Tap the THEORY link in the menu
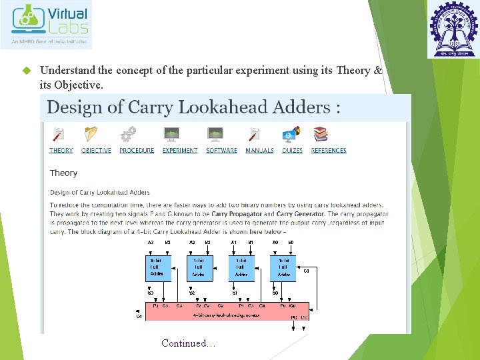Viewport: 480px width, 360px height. [61, 151]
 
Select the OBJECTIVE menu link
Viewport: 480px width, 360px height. [96, 151]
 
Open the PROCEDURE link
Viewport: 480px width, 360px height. [137, 151]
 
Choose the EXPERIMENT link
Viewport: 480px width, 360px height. [180, 151]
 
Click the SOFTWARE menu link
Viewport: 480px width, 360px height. [221, 151]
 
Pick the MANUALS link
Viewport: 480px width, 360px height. [259, 151]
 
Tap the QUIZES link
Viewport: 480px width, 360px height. [292, 151]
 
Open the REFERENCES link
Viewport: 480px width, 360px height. [329, 151]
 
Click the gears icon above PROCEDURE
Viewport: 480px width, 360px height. [128, 135]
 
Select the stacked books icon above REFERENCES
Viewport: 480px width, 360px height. [321, 135]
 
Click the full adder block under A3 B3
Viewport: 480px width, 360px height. [159, 267]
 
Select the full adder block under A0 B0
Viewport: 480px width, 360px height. [283, 267]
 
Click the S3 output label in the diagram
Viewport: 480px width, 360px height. [151, 293]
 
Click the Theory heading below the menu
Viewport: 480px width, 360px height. [63, 173]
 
